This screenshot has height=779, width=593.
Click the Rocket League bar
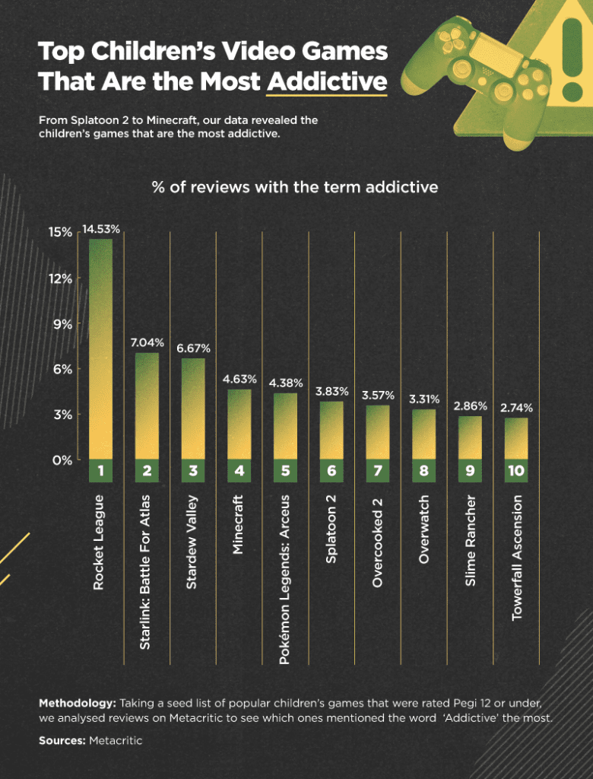pos(100,350)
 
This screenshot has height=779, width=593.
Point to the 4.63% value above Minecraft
pos(239,378)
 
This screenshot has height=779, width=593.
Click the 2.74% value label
pos(516,408)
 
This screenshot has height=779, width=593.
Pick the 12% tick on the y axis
pos(62,278)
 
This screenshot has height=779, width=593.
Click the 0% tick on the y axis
pos(62,460)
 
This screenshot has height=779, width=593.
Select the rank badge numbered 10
pos(516,471)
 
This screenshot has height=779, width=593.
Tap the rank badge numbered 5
pos(285,471)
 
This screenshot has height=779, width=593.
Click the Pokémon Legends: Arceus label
pos(285,578)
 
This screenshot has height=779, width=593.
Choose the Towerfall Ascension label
pos(516,557)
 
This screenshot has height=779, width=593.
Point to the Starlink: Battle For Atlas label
pos(147,570)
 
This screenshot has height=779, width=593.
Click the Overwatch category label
pos(424,529)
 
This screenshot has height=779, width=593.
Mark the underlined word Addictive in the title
pos(327,80)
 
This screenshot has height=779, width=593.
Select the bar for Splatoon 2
pos(331,431)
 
